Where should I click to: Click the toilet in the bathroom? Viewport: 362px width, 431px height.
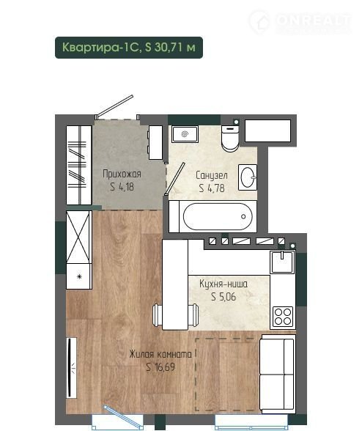pos(230,139)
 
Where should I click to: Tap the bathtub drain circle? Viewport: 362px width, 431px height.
pos(243,217)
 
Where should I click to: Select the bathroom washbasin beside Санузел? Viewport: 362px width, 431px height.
pos(248,177)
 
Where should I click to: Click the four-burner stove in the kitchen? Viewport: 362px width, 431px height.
pos(283,316)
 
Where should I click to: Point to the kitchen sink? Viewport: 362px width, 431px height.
pos(282,262)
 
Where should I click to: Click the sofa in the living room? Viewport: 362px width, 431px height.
pos(277,374)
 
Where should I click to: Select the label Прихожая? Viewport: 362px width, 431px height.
pos(122,174)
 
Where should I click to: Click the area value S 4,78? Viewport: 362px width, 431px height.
pos(212,188)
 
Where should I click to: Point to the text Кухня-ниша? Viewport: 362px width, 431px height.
pos(224,284)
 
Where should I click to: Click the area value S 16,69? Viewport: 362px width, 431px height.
pos(160,367)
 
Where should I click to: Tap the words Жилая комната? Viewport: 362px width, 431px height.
pos(160,354)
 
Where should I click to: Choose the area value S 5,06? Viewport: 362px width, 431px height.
pos(224,297)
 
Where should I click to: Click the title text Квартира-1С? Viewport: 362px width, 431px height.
pos(101,47)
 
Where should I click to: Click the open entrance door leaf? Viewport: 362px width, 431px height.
pos(116,106)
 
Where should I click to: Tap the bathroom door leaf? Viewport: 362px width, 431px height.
pos(175,178)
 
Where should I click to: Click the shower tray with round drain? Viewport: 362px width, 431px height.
pos(185,134)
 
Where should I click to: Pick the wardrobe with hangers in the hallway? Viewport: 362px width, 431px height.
pos(79,165)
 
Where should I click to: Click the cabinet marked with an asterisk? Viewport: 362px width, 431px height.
pos(79,276)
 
